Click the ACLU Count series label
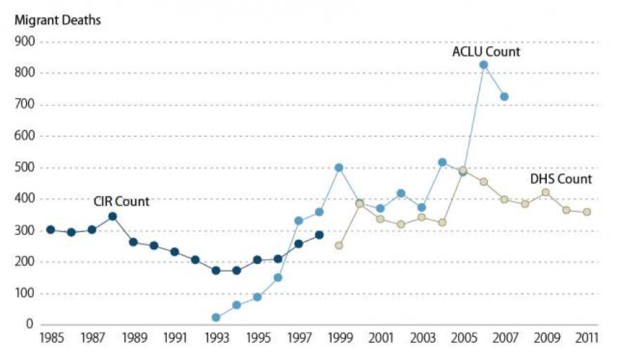[x=486, y=52]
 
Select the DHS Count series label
[x=561, y=179]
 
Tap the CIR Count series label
[x=121, y=202]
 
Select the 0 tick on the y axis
[x=30, y=325]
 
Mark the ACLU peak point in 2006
[x=483, y=65]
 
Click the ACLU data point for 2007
[x=504, y=96]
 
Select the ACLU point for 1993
[x=216, y=318]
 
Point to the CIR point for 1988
[x=113, y=216]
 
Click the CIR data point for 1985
[x=51, y=230]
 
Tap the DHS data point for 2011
[x=587, y=212]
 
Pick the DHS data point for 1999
[x=339, y=245]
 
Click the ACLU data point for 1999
[x=339, y=168]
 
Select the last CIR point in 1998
[x=319, y=235]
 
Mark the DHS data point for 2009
[x=545, y=192]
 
